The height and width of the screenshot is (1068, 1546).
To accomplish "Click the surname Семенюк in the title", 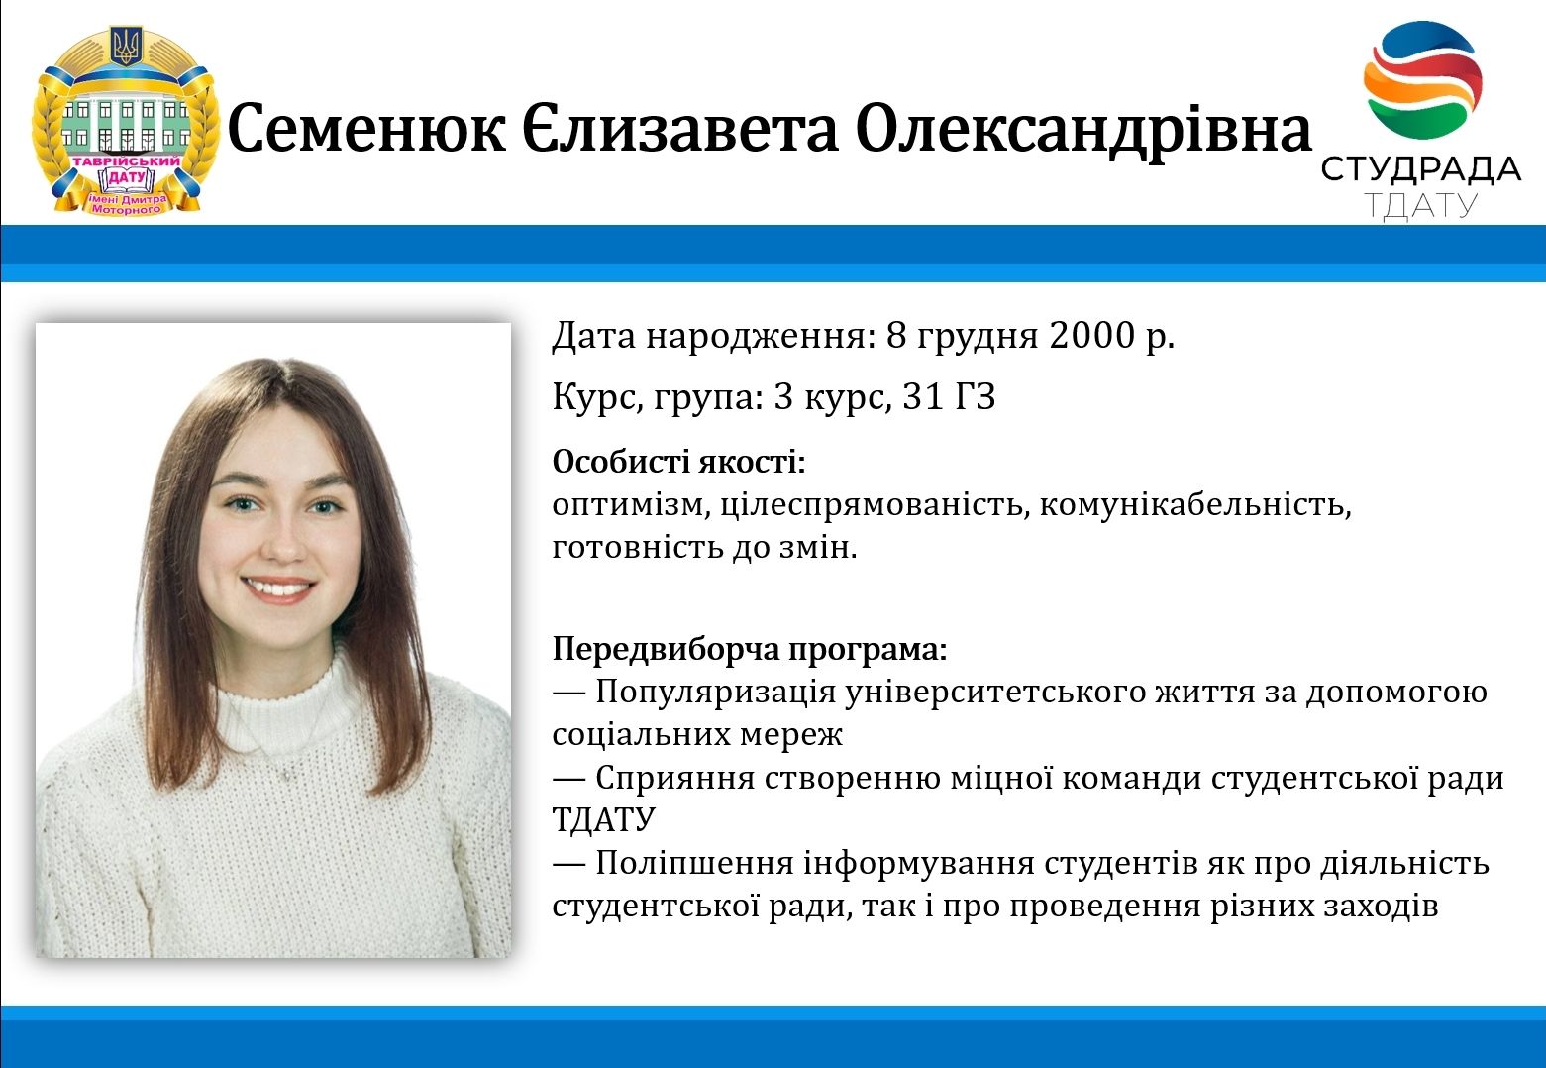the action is tap(365, 129).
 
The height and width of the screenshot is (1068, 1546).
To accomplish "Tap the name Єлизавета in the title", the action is tap(679, 129).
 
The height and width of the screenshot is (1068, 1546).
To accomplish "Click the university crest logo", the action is tap(125, 120).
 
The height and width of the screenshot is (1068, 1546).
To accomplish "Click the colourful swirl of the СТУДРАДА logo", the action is tap(1423, 79).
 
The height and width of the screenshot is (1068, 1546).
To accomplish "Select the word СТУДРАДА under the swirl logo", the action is tap(1420, 169).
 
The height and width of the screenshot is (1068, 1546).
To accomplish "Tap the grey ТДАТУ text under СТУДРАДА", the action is tap(1421, 206).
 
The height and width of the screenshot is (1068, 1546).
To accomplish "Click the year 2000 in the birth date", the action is tap(1091, 335).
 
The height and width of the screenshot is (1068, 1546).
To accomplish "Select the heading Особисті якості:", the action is tap(678, 461).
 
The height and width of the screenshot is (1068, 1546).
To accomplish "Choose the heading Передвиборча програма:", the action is tap(750, 650).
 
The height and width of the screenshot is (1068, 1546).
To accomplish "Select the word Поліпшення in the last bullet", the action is tap(694, 864).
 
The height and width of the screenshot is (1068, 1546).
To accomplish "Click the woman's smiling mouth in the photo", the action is tap(279, 590).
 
